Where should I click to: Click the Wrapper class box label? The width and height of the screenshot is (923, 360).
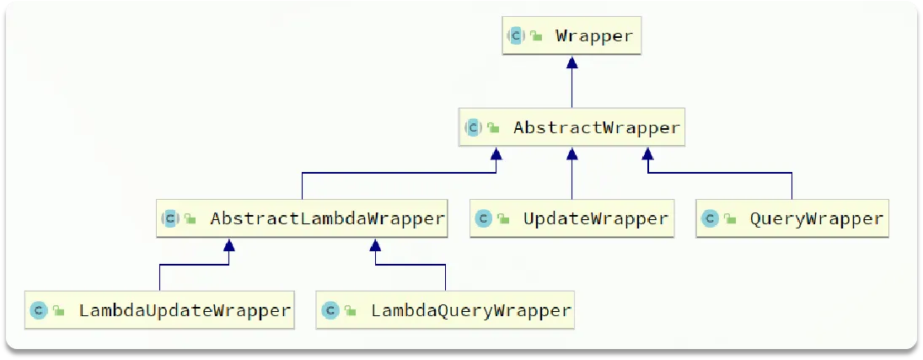[x=593, y=35]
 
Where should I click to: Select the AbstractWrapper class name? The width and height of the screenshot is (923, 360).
[x=596, y=128]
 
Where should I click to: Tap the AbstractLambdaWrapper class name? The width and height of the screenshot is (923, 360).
[x=327, y=218]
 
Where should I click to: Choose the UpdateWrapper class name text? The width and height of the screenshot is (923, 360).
[x=595, y=218]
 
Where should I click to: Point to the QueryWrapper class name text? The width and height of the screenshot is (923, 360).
[x=816, y=218]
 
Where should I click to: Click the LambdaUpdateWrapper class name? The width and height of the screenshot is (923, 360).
[x=185, y=310]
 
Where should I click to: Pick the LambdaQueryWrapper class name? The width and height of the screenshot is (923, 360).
[x=471, y=310]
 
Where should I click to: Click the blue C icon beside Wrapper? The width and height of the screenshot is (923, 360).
[x=516, y=35]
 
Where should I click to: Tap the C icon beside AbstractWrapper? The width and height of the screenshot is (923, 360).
[x=473, y=128]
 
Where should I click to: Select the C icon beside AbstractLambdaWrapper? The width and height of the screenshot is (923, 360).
[x=170, y=218]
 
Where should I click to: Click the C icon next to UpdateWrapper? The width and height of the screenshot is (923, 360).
[x=484, y=218]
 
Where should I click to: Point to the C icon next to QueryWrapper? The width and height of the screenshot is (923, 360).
[x=710, y=218]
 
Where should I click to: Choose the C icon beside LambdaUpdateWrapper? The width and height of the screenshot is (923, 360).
[x=38, y=310]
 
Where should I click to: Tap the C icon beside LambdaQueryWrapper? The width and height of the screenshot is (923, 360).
[x=330, y=310]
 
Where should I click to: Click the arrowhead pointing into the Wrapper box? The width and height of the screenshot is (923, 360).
[x=572, y=62]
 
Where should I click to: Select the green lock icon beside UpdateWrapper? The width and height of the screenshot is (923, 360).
[x=503, y=219]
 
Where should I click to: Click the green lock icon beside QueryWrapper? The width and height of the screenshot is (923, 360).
[x=729, y=219]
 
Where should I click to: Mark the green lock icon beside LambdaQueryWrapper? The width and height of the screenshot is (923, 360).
[x=350, y=311]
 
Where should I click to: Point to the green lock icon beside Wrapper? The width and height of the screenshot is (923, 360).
[x=536, y=36]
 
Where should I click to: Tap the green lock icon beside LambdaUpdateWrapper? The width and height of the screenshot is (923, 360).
[x=58, y=311]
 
